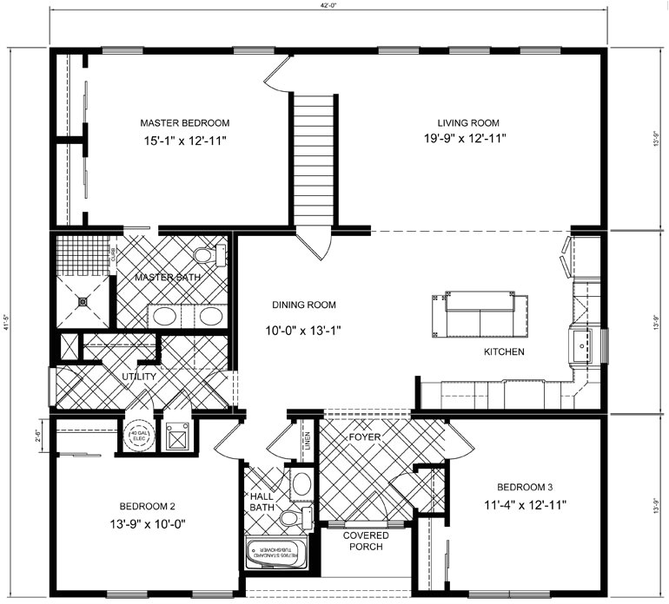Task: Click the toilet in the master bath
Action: pos(207,255)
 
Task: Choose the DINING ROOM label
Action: pos(303,305)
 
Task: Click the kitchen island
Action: pos(479,314)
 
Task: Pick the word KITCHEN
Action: pos(503,351)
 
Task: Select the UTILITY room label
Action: pos(139,377)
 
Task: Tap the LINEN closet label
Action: pos(307,440)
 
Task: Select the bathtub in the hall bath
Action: pos(275,553)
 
